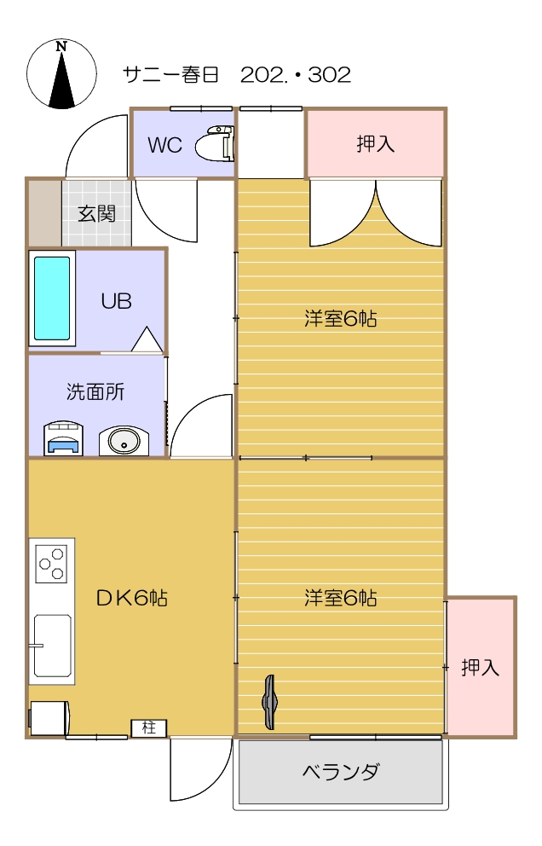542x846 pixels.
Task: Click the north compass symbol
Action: [61, 74]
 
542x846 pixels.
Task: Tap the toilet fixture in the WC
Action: [216, 143]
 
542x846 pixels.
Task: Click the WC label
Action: [164, 145]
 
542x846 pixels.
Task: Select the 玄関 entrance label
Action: [96, 214]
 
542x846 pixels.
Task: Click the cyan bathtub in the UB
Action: [52, 298]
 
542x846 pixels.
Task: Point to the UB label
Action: [116, 301]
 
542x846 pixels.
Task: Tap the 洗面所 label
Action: [95, 391]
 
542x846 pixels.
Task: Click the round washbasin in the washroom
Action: [124, 440]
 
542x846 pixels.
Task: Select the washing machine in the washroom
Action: [63, 438]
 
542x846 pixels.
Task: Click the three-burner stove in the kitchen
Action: [51, 563]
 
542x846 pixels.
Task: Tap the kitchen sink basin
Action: [52, 646]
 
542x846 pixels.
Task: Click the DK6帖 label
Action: [131, 597]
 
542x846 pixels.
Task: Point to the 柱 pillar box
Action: [149, 727]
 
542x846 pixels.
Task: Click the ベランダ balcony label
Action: [341, 772]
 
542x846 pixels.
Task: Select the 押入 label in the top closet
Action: [375, 143]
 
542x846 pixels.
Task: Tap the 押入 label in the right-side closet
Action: [480, 668]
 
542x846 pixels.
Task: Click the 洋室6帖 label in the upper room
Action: [340, 318]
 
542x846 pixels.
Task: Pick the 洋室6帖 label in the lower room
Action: [340, 598]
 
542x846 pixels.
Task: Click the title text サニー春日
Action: [170, 74]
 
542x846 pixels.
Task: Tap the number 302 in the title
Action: [330, 75]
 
